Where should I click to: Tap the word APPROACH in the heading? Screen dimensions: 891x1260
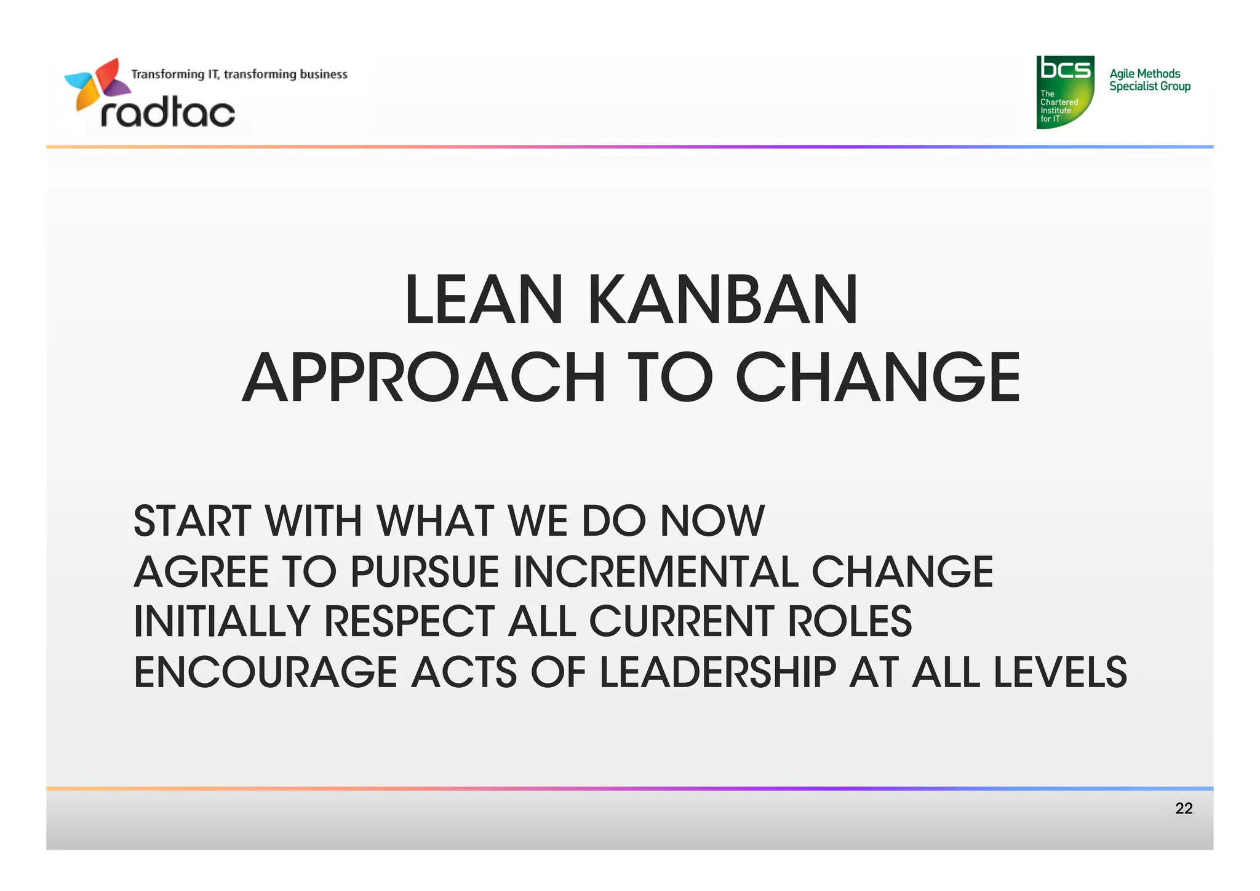(423, 377)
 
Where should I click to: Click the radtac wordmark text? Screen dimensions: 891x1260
(167, 113)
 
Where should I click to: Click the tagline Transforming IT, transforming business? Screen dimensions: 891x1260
(239, 75)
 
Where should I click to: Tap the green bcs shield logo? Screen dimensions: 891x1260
(1065, 92)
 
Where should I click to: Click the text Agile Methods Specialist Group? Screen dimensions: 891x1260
(1149, 80)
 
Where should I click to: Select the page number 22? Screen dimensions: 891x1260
(1183, 808)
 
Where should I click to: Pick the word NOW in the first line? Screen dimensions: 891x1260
(712, 522)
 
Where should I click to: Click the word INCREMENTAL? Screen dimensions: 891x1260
(655, 572)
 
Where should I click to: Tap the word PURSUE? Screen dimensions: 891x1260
(425, 572)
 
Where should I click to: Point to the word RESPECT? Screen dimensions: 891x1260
(409, 621)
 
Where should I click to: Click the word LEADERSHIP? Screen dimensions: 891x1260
(717, 672)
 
